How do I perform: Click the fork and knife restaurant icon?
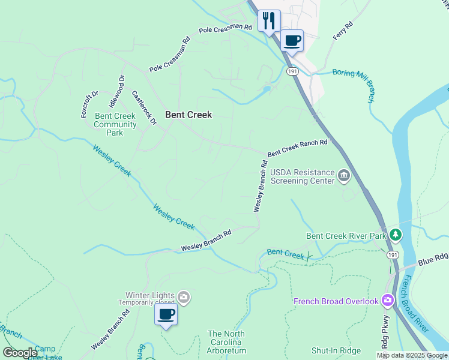268,20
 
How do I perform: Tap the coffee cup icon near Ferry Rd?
292,41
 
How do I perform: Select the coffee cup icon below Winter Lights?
166,314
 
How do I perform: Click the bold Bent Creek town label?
188,115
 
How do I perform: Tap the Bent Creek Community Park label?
115,124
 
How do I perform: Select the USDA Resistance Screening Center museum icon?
343,176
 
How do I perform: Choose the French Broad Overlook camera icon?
387,300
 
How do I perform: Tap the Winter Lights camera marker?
184,296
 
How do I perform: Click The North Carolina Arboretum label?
227,342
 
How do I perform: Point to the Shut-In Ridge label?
336,351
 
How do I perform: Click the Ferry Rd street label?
343,31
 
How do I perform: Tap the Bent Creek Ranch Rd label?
298,148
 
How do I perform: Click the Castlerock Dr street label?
143,107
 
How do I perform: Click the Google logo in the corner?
20,353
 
